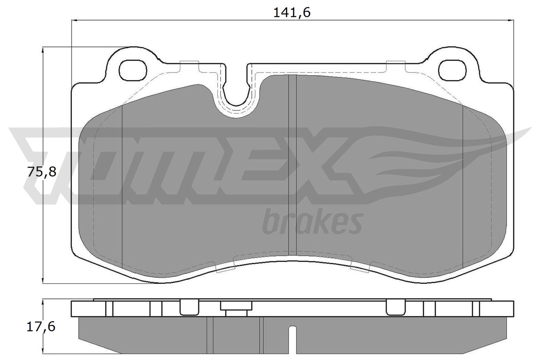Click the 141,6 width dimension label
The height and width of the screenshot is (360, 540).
coord(292,12)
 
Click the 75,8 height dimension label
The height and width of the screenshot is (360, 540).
coord(42,172)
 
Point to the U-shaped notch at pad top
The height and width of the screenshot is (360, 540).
coord(236,91)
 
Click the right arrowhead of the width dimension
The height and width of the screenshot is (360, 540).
coord(511,21)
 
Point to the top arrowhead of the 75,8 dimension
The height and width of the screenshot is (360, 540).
coord(43,50)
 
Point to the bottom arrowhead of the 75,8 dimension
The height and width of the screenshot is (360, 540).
coord(43,280)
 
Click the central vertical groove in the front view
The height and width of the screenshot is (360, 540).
coord(292,165)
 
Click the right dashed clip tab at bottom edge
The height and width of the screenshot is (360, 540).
coord(360,266)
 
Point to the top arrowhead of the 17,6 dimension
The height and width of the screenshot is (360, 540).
coord(43,302)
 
